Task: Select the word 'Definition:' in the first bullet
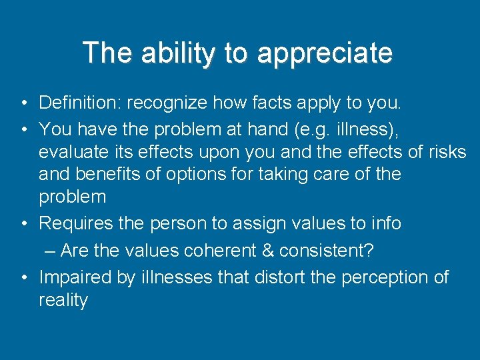80,103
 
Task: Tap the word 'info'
387,223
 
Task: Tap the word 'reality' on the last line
63,300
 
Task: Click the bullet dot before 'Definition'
23,103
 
